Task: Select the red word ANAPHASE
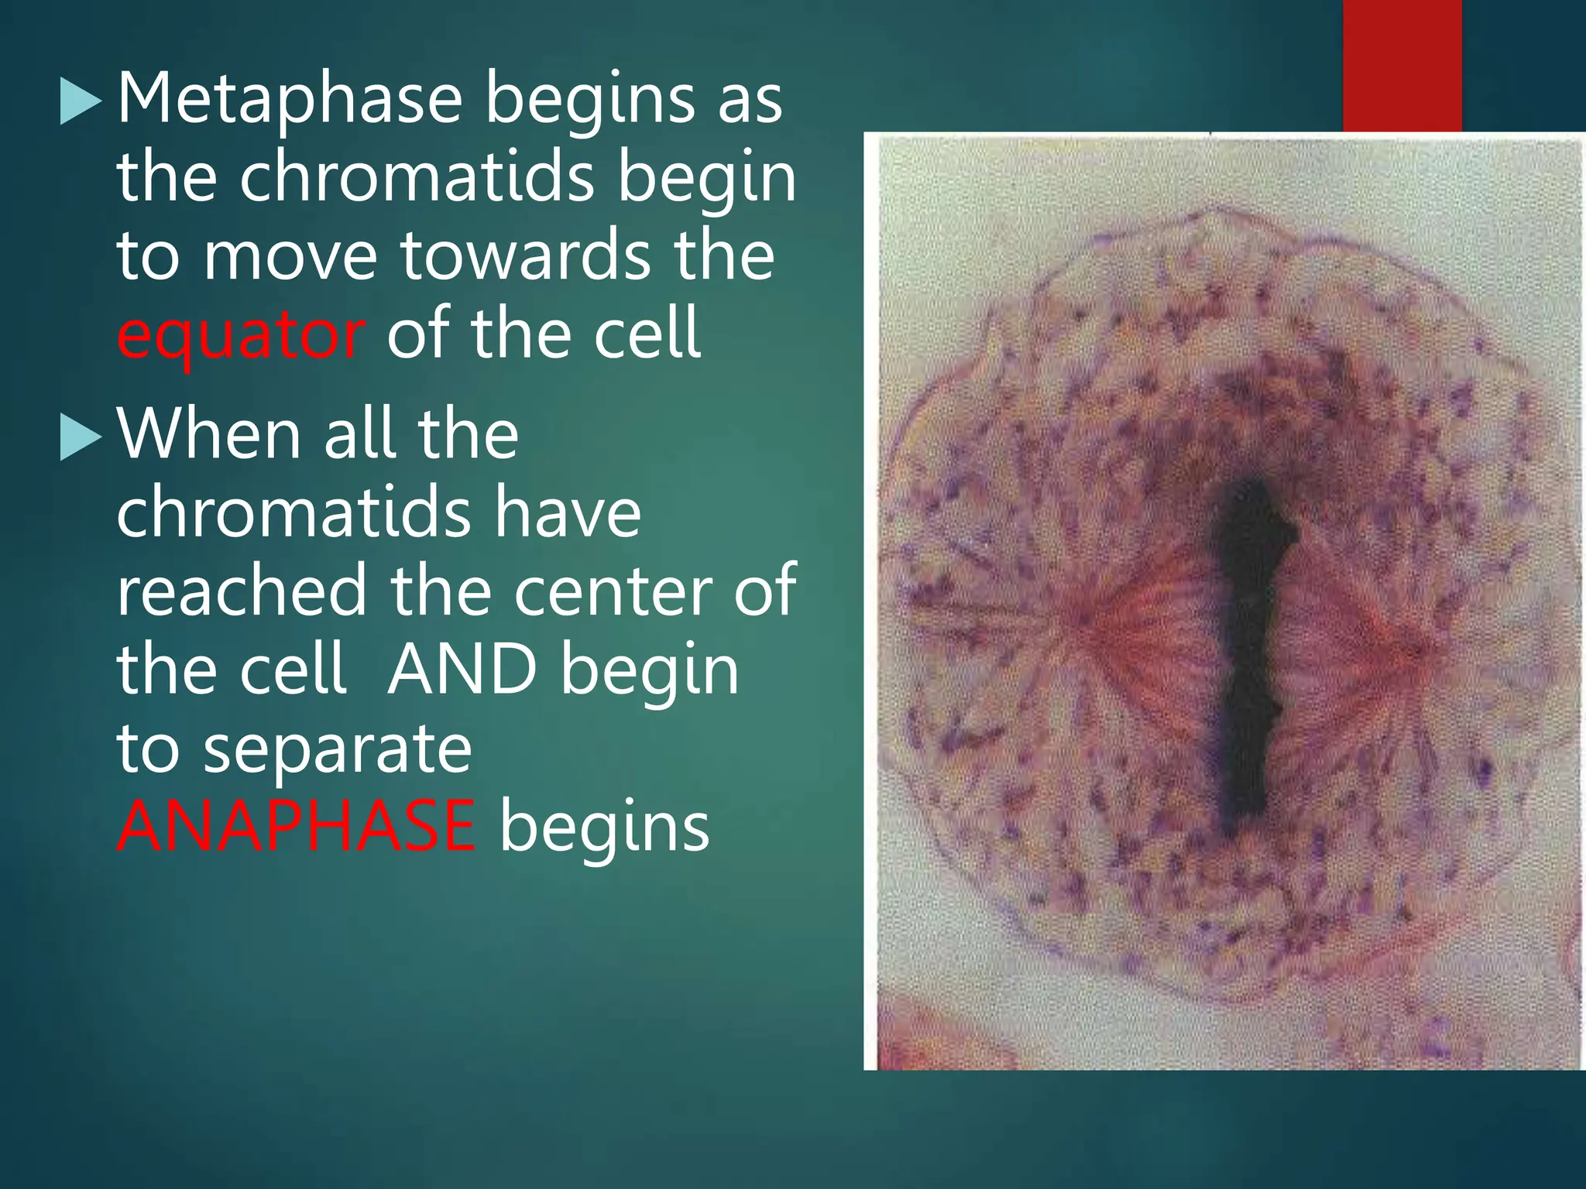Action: [296, 827]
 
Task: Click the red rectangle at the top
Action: [1402, 66]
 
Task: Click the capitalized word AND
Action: [462, 670]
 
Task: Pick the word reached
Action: [241, 591]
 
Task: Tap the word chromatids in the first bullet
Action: [416, 178]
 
